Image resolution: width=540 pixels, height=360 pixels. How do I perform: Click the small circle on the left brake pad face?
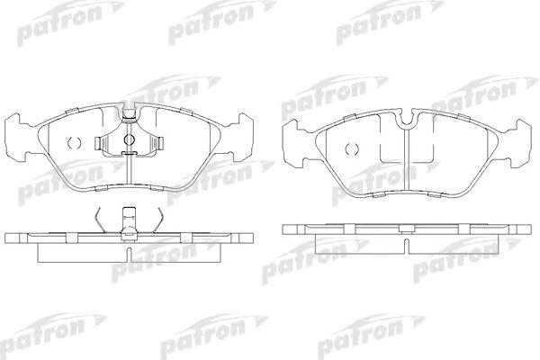pos(74,142)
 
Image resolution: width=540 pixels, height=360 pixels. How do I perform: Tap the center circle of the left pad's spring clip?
pos(129,139)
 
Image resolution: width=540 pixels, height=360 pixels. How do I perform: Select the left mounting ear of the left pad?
pos(16,138)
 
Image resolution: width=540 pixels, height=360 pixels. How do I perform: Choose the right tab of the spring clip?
pos(159,143)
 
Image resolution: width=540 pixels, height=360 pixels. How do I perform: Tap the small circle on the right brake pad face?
pos(352,148)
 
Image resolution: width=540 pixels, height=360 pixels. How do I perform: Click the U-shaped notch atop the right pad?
pos(407,118)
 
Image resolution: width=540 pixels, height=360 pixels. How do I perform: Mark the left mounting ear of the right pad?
pos(293,144)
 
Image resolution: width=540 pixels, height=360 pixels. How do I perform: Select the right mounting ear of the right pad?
pos(519,144)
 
